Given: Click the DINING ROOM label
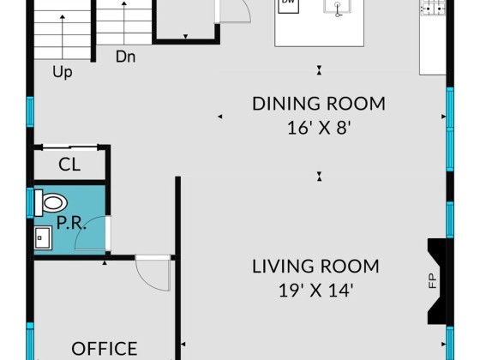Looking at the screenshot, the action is click(x=319, y=104).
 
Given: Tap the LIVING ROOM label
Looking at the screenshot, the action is click(x=315, y=266).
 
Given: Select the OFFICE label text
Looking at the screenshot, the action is click(x=105, y=348).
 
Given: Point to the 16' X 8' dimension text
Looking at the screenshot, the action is click(x=319, y=128).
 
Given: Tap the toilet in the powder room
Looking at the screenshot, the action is click(x=51, y=202).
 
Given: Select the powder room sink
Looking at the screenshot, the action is click(x=43, y=238).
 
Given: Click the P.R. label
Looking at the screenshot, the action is click(x=71, y=223).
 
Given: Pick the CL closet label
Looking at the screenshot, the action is click(x=69, y=165).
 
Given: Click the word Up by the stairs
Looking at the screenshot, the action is click(x=63, y=72).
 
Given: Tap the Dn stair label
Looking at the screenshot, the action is click(x=125, y=57).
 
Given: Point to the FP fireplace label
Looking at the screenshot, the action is click(x=432, y=281).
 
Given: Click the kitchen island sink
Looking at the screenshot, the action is click(x=338, y=7).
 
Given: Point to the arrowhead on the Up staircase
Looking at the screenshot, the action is click(x=63, y=16).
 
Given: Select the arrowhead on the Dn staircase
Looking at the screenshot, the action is click(x=124, y=3).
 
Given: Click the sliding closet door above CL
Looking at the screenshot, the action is click(x=69, y=147).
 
